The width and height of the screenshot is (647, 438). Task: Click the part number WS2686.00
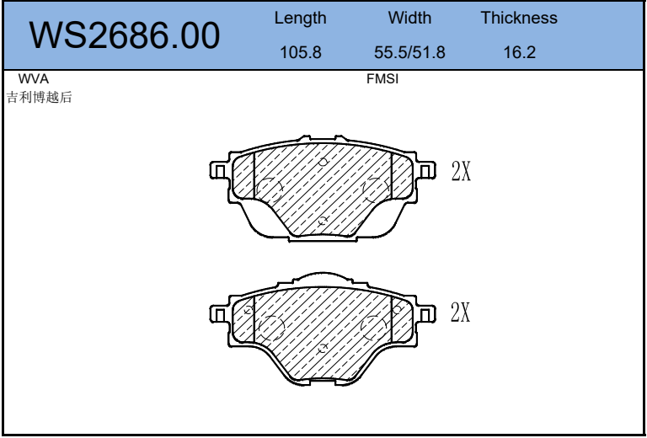click(x=124, y=35)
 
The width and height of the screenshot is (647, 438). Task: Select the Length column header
click(x=301, y=19)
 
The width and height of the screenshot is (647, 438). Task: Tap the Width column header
click(x=409, y=18)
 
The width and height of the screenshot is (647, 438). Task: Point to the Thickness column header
click(x=519, y=18)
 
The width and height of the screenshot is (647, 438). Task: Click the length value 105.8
click(x=301, y=52)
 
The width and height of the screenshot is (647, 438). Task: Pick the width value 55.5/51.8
click(x=409, y=52)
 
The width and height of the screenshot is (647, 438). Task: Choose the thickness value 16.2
click(x=520, y=52)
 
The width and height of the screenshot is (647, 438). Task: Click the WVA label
click(x=34, y=79)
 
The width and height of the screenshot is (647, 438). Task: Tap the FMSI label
click(x=382, y=79)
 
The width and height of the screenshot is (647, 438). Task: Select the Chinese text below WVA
click(x=40, y=98)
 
